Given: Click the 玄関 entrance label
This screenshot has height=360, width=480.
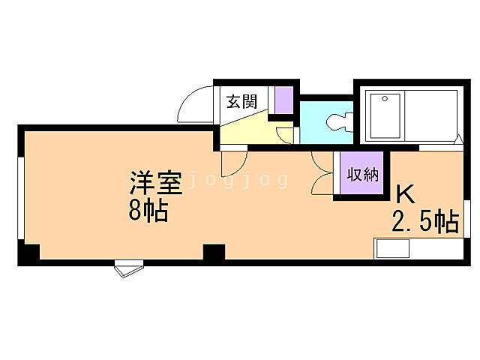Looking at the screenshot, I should (242, 102).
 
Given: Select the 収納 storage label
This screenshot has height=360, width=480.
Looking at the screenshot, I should (362, 174).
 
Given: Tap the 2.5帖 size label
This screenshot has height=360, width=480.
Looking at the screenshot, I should (424, 222).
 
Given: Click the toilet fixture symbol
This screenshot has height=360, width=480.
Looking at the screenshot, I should (340, 122).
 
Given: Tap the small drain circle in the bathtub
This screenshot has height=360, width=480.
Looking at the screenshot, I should (383, 98).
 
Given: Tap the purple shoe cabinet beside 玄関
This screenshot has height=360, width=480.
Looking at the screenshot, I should (283, 99).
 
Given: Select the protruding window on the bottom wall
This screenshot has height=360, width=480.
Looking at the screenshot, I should (127, 268).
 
